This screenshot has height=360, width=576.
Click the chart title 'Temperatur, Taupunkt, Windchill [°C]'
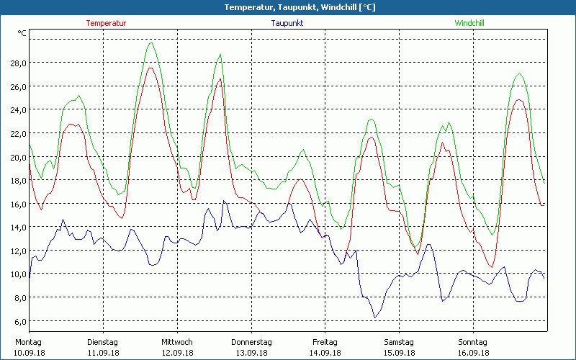[x=288, y=7]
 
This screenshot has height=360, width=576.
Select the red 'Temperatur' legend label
[x=106, y=23]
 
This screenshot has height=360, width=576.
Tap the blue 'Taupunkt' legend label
[x=287, y=23]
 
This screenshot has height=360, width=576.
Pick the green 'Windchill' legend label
[x=469, y=23]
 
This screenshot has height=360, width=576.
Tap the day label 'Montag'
[x=29, y=342]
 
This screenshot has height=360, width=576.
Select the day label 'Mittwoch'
[x=177, y=342]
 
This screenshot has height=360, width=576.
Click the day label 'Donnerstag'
[x=251, y=342]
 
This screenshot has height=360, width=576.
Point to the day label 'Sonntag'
[x=473, y=342]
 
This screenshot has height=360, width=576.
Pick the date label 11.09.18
[x=103, y=353]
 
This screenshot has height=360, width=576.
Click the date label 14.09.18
[x=325, y=353]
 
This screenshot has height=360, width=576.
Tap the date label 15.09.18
[x=399, y=353]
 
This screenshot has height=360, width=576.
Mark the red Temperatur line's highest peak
[x=150, y=68]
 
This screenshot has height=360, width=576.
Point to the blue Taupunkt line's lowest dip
[x=374, y=318]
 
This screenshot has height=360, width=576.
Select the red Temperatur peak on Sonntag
[x=518, y=99]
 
